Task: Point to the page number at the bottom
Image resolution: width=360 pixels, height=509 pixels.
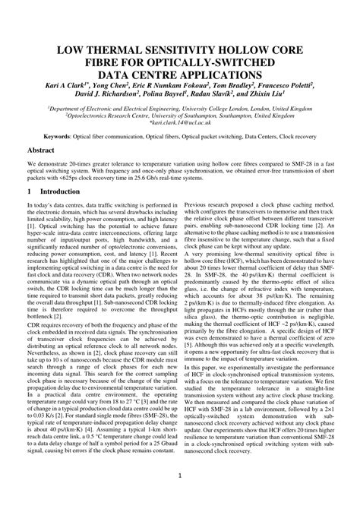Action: tap(179, 476)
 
